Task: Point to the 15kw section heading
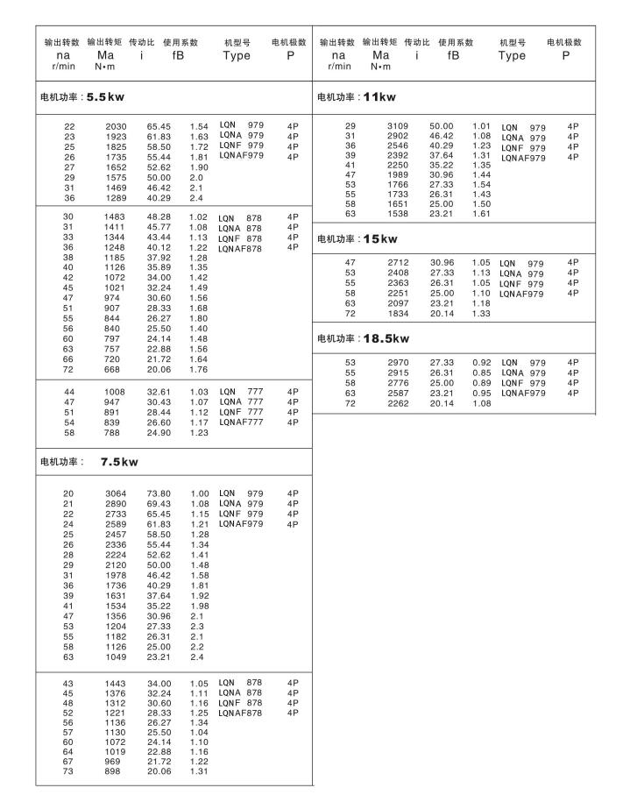coord(357,238)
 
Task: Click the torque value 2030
coord(117,126)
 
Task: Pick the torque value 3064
coord(117,493)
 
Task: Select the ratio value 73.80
coord(159,493)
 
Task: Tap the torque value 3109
coord(398,126)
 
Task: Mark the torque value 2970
coord(398,361)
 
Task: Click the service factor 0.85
coord(482,371)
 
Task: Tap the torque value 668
coord(118,369)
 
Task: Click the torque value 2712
coord(398,262)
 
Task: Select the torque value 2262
coord(398,403)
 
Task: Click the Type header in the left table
coord(237,55)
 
